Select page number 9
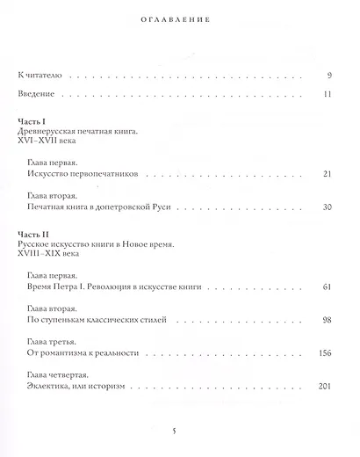328,76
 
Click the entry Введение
40,92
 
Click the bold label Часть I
34,121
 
